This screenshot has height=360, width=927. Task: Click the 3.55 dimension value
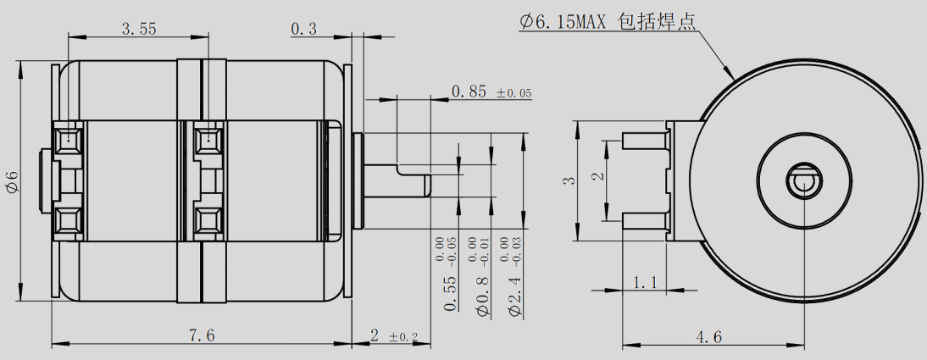[138, 29]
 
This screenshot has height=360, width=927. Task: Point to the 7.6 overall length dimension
[203, 335]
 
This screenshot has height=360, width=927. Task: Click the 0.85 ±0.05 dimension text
[491, 91]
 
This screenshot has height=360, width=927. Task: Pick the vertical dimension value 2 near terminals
[597, 177]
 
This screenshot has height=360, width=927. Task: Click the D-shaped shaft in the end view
[802, 180]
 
